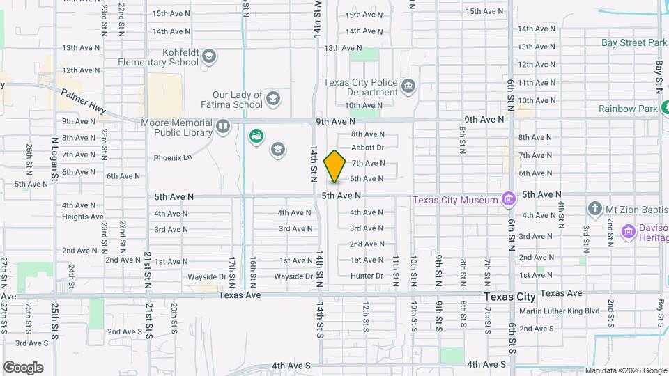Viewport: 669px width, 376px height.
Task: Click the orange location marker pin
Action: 335,166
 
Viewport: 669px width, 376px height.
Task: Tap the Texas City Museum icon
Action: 509,200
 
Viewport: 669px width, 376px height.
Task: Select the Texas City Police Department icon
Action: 408,86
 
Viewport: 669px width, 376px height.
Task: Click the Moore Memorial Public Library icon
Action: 223,127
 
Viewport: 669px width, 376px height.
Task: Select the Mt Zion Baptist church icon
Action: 594,208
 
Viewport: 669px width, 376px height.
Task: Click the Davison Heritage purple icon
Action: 628,230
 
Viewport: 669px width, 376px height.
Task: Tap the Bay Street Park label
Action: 634,43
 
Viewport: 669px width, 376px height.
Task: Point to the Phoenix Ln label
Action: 174,158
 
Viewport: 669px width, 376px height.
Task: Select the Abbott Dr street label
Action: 367,148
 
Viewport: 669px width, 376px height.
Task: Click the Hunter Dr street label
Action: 367,276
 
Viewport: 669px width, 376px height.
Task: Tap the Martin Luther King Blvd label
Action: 559,311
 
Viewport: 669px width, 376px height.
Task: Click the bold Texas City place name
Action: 509,297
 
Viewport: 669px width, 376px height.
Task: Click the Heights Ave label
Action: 82,217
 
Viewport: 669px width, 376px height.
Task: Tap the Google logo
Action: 23,367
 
